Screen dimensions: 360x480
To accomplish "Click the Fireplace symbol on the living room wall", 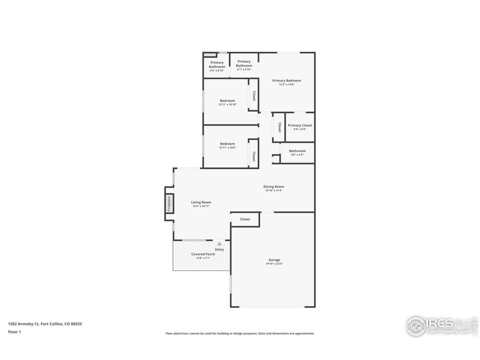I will (x=169, y=204).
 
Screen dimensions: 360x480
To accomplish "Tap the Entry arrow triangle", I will (x=219, y=244).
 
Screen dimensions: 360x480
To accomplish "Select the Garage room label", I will (x=274, y=260).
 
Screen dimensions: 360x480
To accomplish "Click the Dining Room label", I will (x=273, y=187).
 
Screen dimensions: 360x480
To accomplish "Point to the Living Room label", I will (x=201, y=202).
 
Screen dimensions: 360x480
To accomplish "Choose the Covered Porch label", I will (x=203, y=254).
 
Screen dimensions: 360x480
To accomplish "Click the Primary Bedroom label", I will (x=286, y=81).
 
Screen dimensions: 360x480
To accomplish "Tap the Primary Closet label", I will (x=300, y=126).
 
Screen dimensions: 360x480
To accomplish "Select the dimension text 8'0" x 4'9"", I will (x=297, y=154).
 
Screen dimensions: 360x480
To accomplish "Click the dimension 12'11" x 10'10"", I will (x=227, y=105).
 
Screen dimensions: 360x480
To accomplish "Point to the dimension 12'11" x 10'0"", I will (x=227, y=147).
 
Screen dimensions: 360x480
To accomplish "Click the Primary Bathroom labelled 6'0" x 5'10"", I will (x=217, y=64).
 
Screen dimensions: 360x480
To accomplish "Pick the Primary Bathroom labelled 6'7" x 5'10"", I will (x=244, y=64).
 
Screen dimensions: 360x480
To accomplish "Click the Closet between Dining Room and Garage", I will (x=245, y=219).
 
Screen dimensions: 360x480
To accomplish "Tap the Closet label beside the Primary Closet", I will (x=279, y=127).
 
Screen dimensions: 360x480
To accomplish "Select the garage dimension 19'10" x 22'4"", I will (x=274, y=264).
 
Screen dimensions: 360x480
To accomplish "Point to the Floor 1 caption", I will (x=14, y=332).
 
